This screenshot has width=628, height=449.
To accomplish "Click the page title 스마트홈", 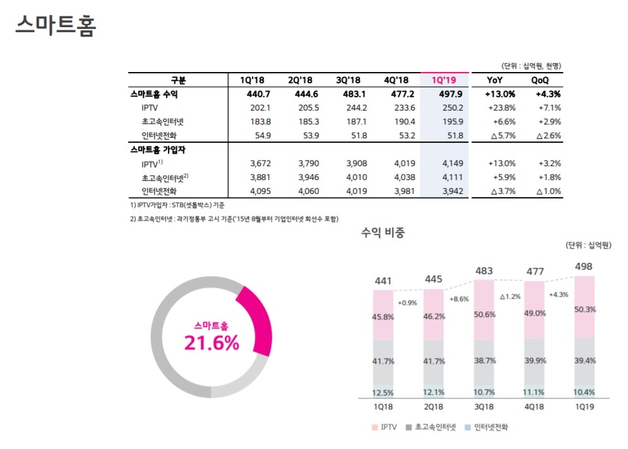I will [55, 25].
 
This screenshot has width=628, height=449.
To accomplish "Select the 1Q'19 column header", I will [444, 80].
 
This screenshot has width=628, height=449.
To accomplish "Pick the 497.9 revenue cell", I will [447, 94].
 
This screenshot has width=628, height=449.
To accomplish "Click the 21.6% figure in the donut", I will [211, 343].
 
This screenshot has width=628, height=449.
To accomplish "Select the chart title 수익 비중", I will [382, 232].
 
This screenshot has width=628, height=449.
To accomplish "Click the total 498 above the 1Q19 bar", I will [584, 266].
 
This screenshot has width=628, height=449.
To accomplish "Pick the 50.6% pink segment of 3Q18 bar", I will [485, 315].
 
